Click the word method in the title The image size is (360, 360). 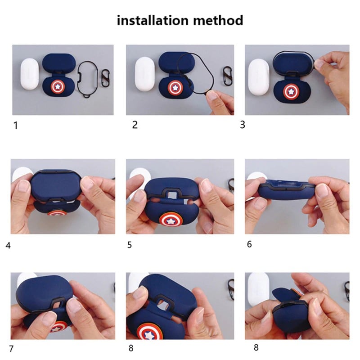[218, 20]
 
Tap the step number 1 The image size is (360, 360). [16, 126]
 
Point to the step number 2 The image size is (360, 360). [135, 125]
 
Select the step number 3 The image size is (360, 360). [243, 125]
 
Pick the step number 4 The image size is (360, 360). [8, 245]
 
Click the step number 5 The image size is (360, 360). [130, 245]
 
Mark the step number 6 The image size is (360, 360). [249, 244]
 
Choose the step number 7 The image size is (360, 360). [11, 348]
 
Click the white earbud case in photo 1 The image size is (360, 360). [30, 74]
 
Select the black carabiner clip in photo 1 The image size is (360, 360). [105, 78]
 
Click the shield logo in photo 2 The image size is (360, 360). [174, 88]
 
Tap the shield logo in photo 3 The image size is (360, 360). [291, 91]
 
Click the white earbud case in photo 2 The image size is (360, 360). [144, 74]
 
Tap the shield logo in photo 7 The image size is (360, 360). [58, 327]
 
